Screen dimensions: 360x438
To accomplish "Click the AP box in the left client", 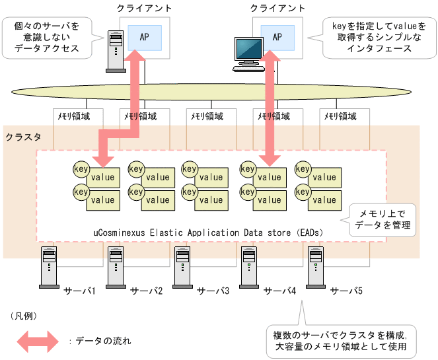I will click(145, 37).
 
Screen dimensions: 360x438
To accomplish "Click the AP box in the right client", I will click(277, 37).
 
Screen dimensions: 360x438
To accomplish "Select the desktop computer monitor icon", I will click(249, 52).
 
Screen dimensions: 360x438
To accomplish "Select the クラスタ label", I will click(23, 137).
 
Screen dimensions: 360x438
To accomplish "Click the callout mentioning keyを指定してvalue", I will click(374, 38).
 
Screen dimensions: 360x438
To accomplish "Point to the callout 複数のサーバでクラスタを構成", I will click(340, 340).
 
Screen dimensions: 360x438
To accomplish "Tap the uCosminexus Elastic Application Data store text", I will click(206, 233).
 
